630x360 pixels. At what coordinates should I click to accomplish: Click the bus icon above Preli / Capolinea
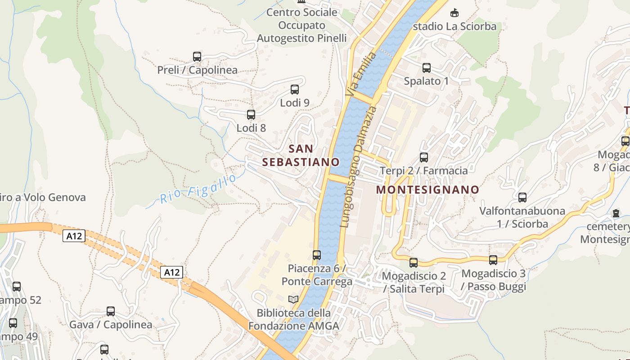click(197, 57)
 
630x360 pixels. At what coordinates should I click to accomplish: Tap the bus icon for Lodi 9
click(295, 90)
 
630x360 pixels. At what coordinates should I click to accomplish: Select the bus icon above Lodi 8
click(251, 115)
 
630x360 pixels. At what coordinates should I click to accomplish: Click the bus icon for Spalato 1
click(427, 68)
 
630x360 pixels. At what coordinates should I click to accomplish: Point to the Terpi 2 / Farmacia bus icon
click(424, 157)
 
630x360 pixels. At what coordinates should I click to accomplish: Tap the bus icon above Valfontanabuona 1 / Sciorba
click(522, 198)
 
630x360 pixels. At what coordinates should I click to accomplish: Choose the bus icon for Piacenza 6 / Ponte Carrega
click(317, 255)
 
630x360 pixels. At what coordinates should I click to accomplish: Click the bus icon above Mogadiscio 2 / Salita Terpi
click(414, 262)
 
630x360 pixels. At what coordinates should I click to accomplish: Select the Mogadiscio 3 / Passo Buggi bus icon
click(493, 260)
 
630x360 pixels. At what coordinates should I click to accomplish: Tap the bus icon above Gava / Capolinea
click(111, 311)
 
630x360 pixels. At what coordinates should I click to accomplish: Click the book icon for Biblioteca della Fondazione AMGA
click(293, 299)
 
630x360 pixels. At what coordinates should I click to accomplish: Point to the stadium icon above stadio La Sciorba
click(454, 13)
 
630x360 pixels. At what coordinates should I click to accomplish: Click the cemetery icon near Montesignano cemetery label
click(616, 213)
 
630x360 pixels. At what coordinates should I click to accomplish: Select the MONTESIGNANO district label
click(427, 189)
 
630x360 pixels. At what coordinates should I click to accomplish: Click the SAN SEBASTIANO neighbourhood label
click(301, 155)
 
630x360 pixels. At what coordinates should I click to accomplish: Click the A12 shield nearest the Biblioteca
click(172, 272)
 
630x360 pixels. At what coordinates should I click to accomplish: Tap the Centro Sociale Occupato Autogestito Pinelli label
click(301, 25)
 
